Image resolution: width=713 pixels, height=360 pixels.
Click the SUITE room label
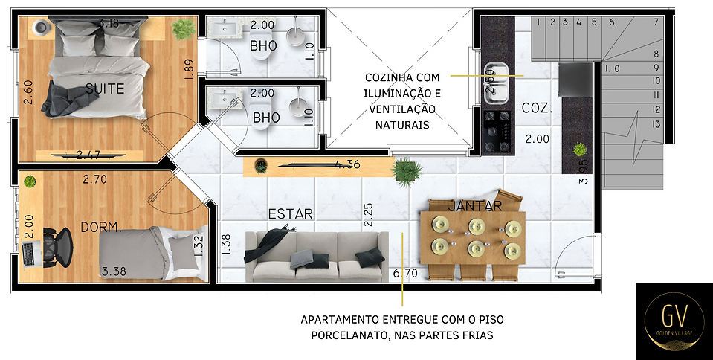pyautogui.click(x=105, y=89)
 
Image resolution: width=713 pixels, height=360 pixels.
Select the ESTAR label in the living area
pyautogui.click(x=290, y=213)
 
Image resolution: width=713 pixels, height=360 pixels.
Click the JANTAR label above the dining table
pyautogui.click(x=475, y=205)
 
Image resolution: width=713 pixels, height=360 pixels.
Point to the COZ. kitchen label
pyautogui.click(x=536, y=108)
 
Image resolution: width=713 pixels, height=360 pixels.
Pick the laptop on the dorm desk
pyautogui.click(x=30, y=254)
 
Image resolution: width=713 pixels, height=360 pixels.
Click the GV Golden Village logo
pyautogui.click(x=673, y=320)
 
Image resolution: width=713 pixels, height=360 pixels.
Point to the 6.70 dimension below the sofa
pyautogui.click(x=405, y=274)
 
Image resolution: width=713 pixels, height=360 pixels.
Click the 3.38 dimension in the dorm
pyautogui.click(x=114, y=271)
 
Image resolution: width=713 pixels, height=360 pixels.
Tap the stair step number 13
pyautogui.click(x=656, y=123)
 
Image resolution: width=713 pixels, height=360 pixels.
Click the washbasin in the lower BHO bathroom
pyautogui.click(x=223, y=99)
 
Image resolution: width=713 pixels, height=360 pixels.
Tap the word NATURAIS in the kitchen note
pyautogui.click(x=402, y=126)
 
